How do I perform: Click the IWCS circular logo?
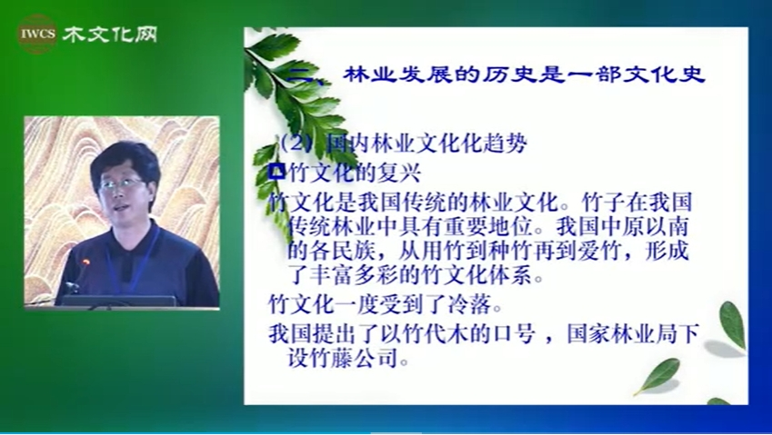(x=37, y=34)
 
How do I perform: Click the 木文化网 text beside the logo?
(x=110, y=35)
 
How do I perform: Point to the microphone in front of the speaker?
(x=81, y=272)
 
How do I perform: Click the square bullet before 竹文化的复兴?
(x=278, y=172)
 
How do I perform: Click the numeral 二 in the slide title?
(x=301, y=75)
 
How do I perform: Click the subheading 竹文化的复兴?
(x=354, y=173)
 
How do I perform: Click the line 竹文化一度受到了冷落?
(x=386, y=305)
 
